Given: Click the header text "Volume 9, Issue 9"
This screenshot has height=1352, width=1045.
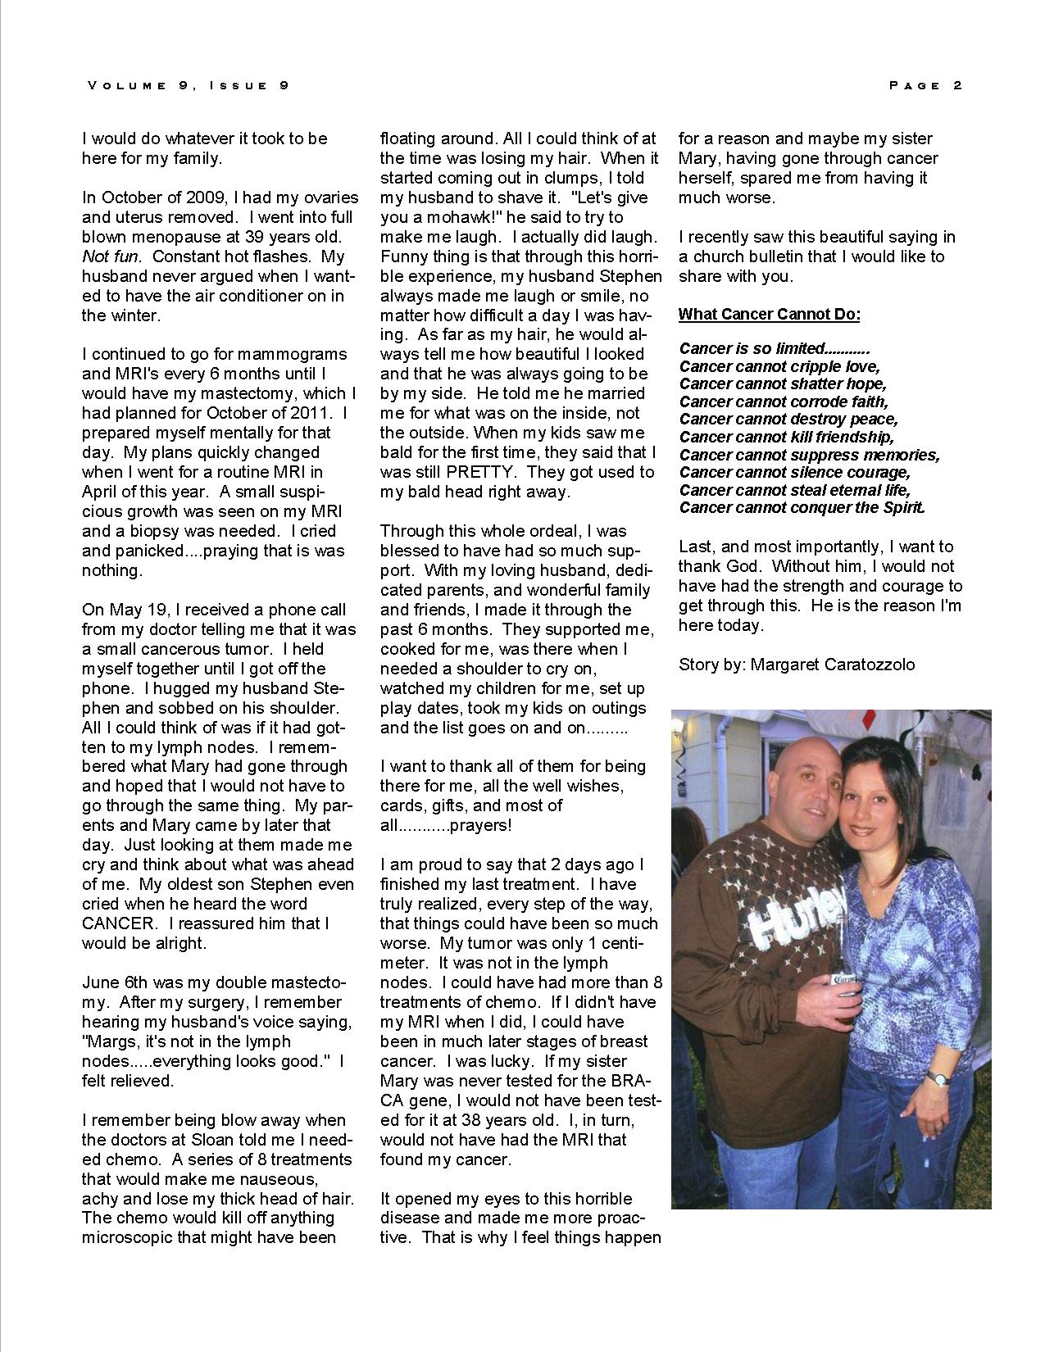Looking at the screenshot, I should (x=189, y=85).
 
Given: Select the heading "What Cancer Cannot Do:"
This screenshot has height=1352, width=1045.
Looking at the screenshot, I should (x=769, y=315).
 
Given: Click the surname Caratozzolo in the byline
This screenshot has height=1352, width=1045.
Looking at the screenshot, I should (x=866, y=665).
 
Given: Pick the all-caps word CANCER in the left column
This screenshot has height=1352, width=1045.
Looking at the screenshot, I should (x=117, y=923).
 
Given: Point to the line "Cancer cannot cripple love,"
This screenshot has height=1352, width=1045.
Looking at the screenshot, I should (x=779, y=366).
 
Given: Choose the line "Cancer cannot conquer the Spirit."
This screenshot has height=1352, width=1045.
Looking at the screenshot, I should (x=802, y=507).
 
